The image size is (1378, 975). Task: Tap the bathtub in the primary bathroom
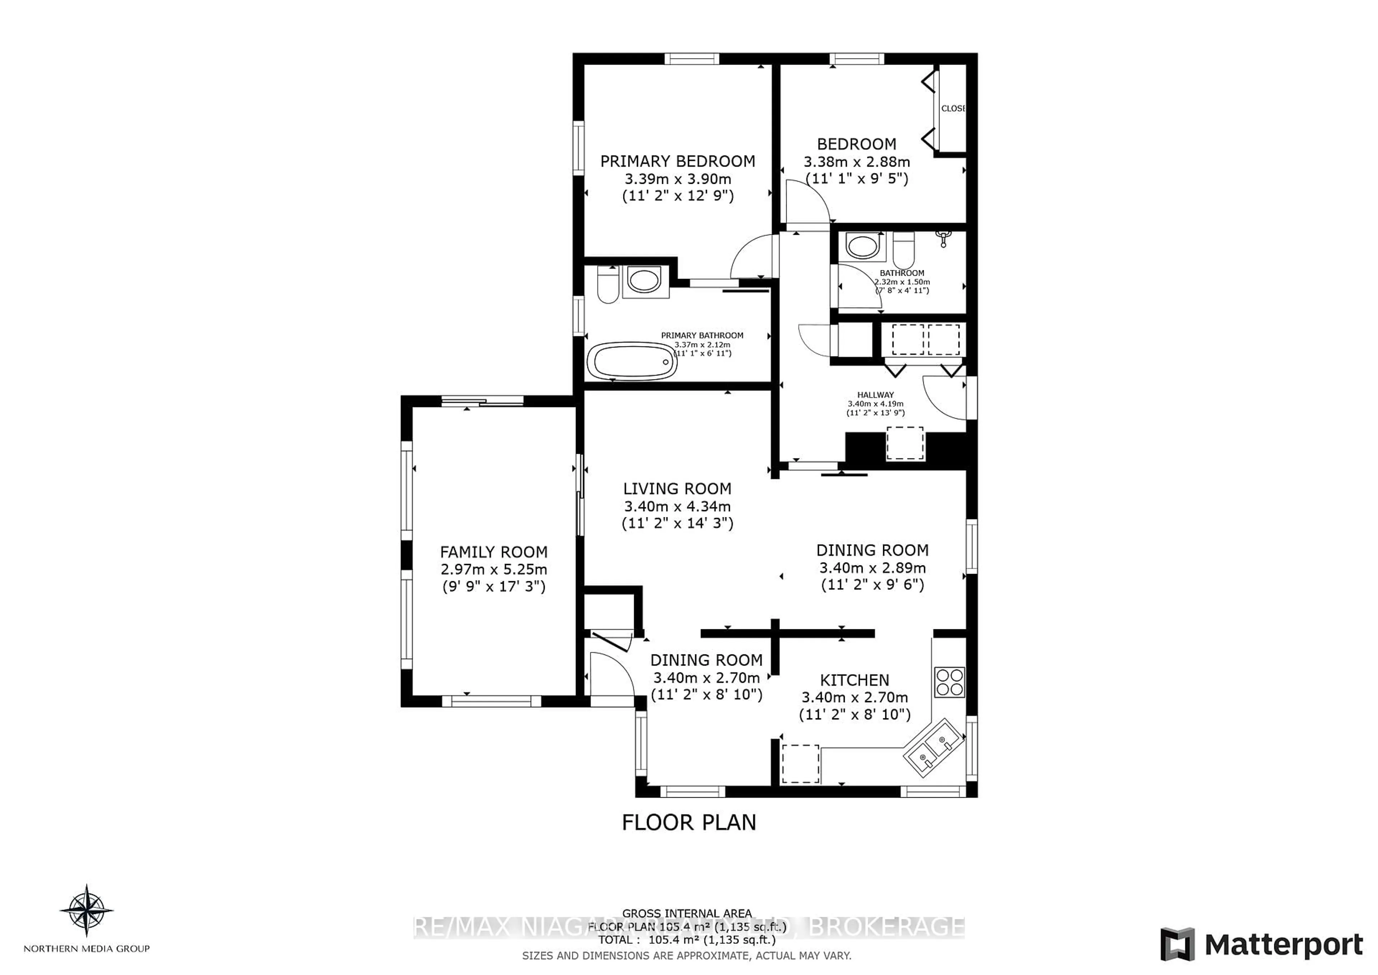pos(631,361)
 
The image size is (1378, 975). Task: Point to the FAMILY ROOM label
pos(493,552)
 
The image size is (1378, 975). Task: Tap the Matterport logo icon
pos(1177,944)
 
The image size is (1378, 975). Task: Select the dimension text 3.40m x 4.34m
pos(677,506)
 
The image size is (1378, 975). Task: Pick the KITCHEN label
pos(855,680)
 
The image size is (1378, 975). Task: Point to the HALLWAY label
pos(875,395)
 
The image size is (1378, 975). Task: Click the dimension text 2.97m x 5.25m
pos(493,569)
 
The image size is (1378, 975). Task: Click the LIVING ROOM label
pos(677,489)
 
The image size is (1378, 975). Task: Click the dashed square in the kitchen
pos(800,764)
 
